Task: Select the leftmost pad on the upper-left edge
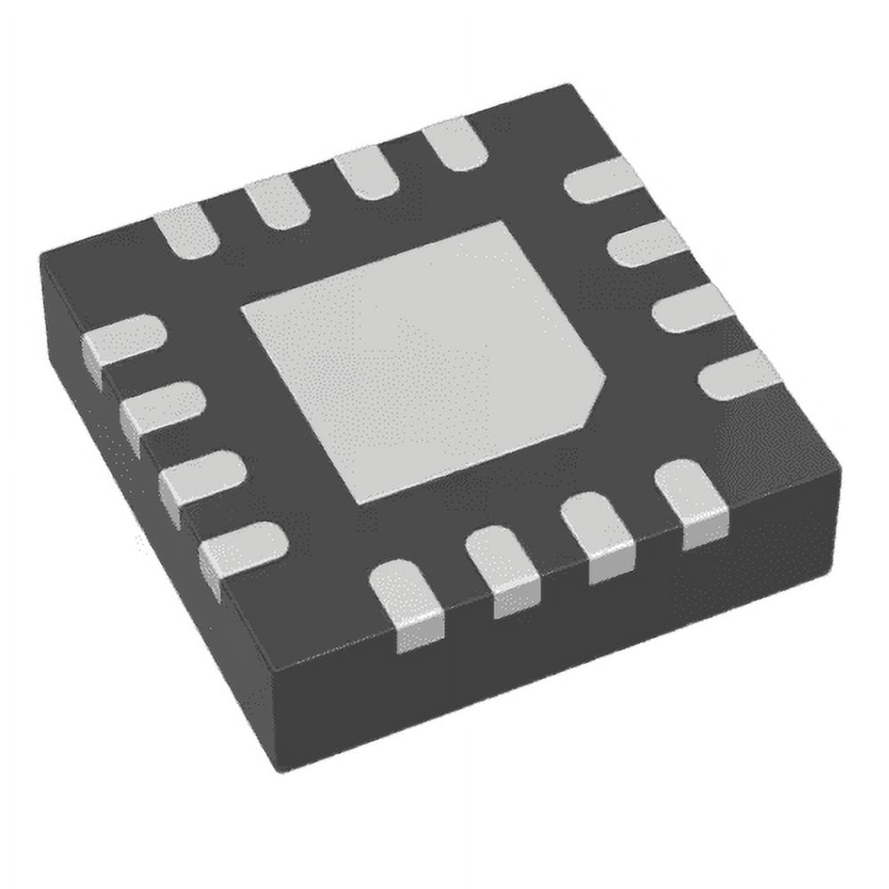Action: click(188, 231)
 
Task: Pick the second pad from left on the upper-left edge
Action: click(276, 203)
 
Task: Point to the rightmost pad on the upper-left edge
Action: click(454, 144)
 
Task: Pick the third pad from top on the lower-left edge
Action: click(202, 476)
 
